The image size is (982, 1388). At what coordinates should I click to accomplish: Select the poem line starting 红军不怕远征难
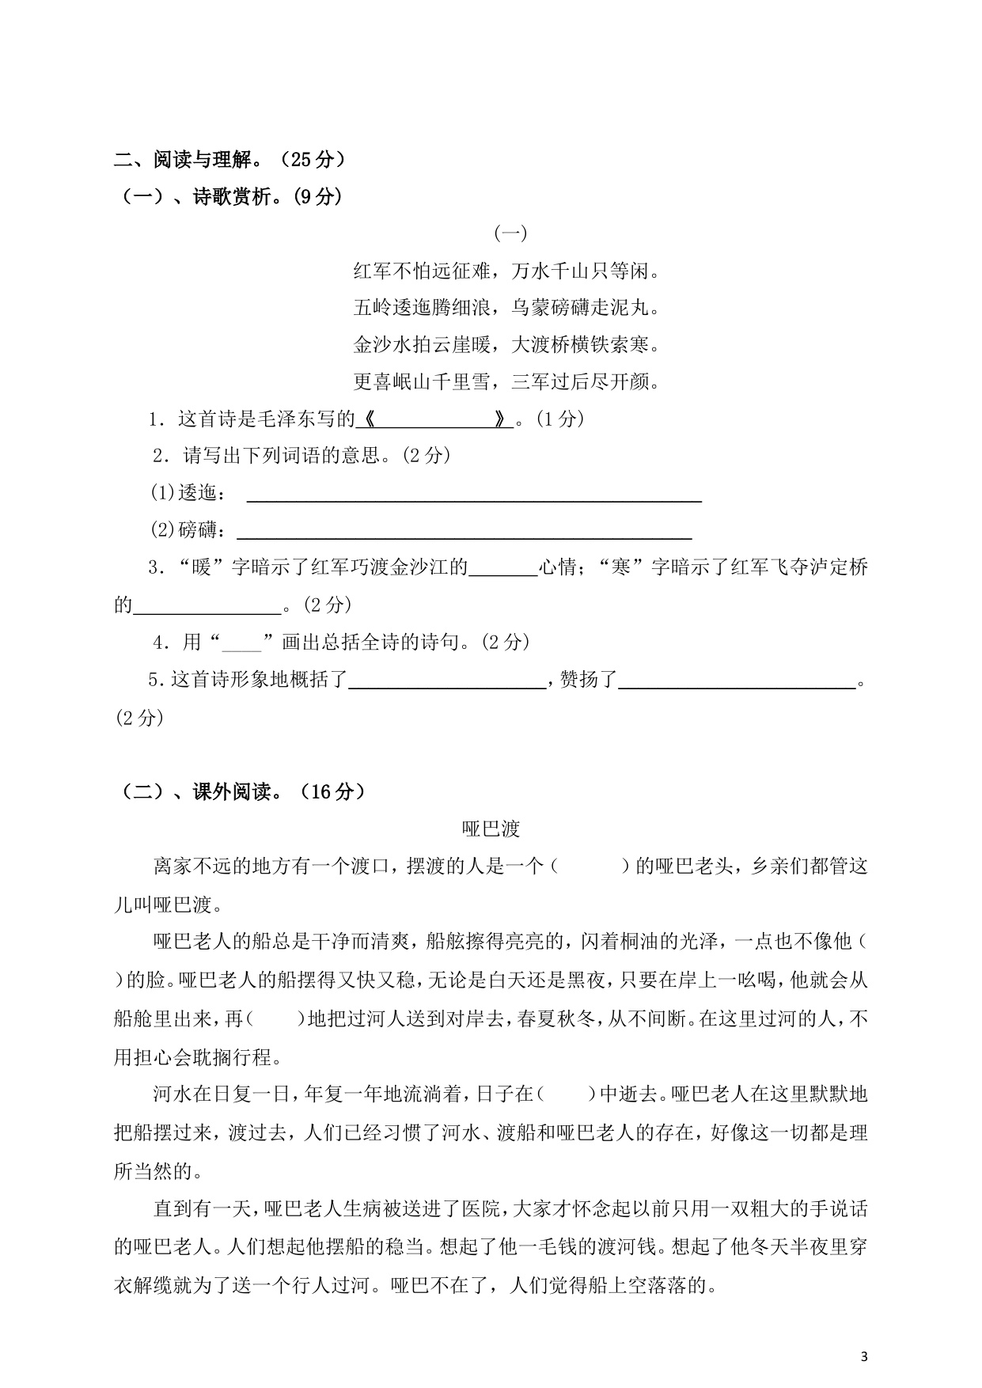click(x=506, y=271)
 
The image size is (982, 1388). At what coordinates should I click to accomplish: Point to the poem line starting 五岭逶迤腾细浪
click(x=506, y=308)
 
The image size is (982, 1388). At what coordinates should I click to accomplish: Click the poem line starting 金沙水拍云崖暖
click(x=506, y=345)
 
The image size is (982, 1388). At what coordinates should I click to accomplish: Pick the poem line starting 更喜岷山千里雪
click(x=506, y=382)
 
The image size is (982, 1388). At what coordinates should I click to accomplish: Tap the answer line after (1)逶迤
click(x=474, y=494)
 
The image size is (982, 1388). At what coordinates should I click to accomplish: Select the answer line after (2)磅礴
click(x=464, y=531)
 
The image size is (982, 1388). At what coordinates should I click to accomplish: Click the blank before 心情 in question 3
click(x=503, y=568)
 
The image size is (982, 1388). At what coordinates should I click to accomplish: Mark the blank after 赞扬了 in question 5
click(x=737, y=680)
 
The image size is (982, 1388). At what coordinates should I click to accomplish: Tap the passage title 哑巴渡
click(x=491, y=829)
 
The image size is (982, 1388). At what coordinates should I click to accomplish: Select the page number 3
click(x=864, y=1358)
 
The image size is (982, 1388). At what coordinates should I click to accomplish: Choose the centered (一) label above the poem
click(x=510, y=233)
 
